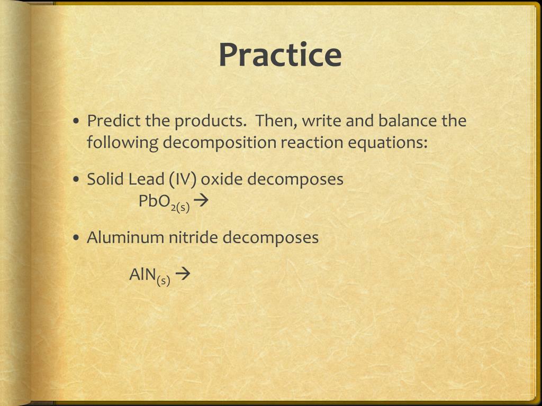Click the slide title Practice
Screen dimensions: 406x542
point(280,55)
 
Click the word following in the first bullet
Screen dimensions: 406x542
point(122,143)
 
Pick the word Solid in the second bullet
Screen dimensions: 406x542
point(105,179)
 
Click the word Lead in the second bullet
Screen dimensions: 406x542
point(147,179)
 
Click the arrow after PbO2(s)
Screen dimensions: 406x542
point(202,201)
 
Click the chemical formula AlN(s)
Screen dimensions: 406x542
point(150,275)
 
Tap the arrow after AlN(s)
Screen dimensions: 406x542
point(182,274)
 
